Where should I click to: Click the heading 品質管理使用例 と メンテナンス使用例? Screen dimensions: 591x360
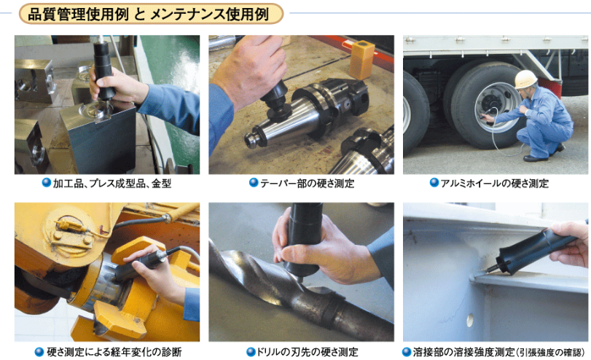click(x=149, y=15)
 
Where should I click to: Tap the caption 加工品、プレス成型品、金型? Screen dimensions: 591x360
click(x=112, y=184)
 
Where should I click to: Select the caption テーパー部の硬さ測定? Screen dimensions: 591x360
click(x=308, y=184)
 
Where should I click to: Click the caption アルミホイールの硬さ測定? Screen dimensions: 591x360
click(x=495, y=184)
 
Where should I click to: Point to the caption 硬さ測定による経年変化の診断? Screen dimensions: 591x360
click(x=114, y=352)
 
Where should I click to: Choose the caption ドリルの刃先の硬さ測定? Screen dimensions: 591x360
click(x=308, y=352)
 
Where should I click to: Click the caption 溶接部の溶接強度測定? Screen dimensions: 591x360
click(x=464, y=352)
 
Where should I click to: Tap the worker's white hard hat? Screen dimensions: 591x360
click(x=525, y=79)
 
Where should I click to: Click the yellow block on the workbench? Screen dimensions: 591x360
click(x=362, y=60)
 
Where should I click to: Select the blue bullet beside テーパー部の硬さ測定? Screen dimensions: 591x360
click(x=254, y=183)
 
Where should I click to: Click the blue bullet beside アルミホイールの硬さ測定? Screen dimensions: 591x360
click(x=434, y=183)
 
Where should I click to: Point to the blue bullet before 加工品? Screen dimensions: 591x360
click(x=47, y=183)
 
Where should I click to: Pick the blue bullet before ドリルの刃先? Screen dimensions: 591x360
click(x=251, y=352)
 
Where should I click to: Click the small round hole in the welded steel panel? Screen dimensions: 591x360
click(x=469, y=320)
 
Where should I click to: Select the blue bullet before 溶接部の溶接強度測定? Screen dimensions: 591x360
click(x=407, y=352)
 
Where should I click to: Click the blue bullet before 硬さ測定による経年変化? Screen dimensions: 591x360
click(x=39, y=352)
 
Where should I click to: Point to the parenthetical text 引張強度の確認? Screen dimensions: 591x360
click(x=550, y=353)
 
